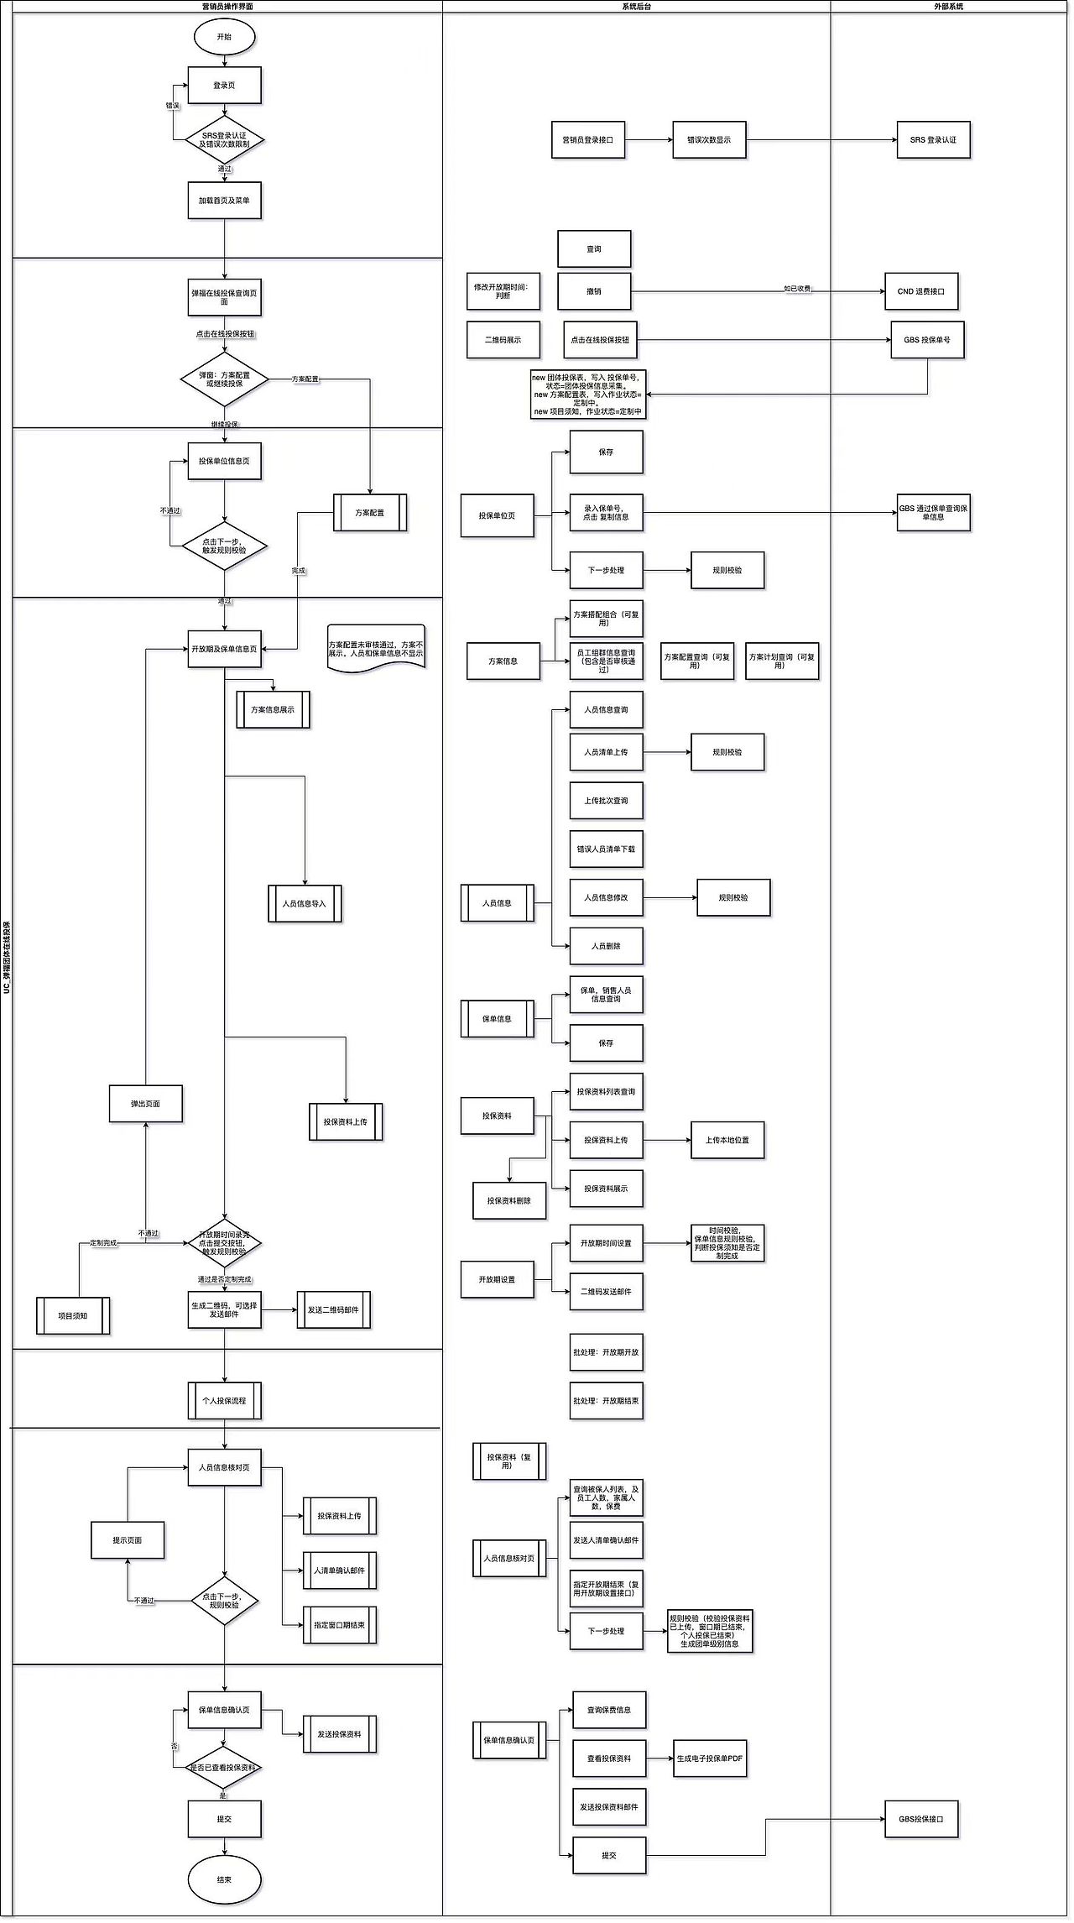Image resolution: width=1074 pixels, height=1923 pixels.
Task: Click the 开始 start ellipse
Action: coord(224,37)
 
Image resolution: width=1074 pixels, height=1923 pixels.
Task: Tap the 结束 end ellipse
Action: coord(224,1879)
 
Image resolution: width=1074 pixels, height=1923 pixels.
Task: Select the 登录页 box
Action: coord(224,86)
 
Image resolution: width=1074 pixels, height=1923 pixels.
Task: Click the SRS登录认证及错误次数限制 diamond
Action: coord(224,140)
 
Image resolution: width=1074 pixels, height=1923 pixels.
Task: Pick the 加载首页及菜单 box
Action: coord(224,201)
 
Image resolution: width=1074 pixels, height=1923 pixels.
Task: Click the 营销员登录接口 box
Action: coord(587,140)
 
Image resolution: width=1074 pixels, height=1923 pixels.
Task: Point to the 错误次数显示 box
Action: coord(709,140)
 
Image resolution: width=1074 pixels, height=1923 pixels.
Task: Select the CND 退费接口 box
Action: coord(920,291)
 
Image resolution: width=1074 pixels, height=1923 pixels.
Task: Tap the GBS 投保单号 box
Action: coord(927,340)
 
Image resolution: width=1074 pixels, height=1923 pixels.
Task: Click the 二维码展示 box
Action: coord(503,340)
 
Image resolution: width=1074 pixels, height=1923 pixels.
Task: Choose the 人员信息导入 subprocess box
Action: coord(305,904)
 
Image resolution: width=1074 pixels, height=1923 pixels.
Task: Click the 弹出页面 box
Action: coord(145,1104)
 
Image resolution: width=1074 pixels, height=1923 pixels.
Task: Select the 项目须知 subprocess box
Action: coord(73,1315)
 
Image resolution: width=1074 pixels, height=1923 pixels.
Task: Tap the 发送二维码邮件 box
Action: coord(333,1309)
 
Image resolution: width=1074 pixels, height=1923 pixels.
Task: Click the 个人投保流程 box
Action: coord(224,1401)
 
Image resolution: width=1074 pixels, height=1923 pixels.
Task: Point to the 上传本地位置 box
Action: coord(727,1140)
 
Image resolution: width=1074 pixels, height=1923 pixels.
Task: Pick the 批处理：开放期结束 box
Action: coord(606,1401)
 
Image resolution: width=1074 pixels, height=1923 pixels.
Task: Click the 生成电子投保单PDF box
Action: coord(710,1758)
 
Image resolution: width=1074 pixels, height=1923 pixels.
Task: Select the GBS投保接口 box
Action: coord(920,1819)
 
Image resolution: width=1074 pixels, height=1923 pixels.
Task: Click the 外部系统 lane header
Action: coord(948,7)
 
